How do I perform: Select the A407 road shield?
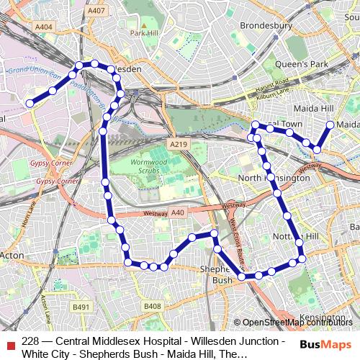tap(95, 11)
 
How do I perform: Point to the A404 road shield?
tap(44, 27)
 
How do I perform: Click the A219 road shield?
tap(178, 145)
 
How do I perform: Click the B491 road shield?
tap(81, 307)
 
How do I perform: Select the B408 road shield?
tap(152, 307)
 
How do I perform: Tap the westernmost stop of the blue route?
tap(30, 104)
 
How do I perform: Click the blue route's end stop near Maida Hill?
tap(330, 125)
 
